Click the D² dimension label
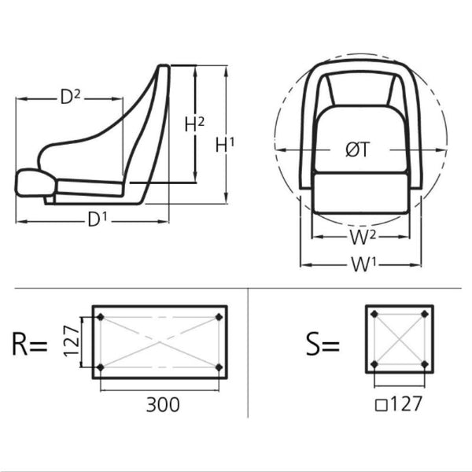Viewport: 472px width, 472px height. [71, 97]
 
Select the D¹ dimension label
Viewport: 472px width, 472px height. [98, 219]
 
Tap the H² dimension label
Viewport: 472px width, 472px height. [194, 124]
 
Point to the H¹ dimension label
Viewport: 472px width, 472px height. [224, 145]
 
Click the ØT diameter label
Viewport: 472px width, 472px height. [358, 149]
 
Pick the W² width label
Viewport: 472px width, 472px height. [363, 237]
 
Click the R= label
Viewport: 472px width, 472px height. [30, 344]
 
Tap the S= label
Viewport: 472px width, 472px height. [323, 344]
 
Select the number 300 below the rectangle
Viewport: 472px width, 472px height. [163, 404]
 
